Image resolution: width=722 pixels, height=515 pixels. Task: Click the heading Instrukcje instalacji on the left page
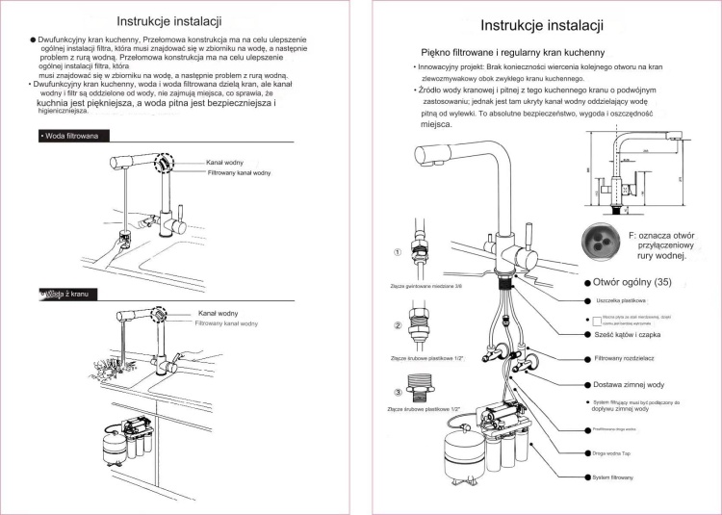pos(169,21)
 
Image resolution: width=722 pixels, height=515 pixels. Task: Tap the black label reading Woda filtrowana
pos(70,136)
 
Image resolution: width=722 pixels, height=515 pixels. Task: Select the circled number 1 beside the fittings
pos(398,253)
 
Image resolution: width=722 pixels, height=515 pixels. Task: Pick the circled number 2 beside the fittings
pos(398,324)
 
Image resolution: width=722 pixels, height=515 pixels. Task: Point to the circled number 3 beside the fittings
pos(398,393)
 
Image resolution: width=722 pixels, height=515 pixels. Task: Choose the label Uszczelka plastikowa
pos(617,301)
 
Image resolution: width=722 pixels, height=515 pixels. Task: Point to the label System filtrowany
pos(613,477)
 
